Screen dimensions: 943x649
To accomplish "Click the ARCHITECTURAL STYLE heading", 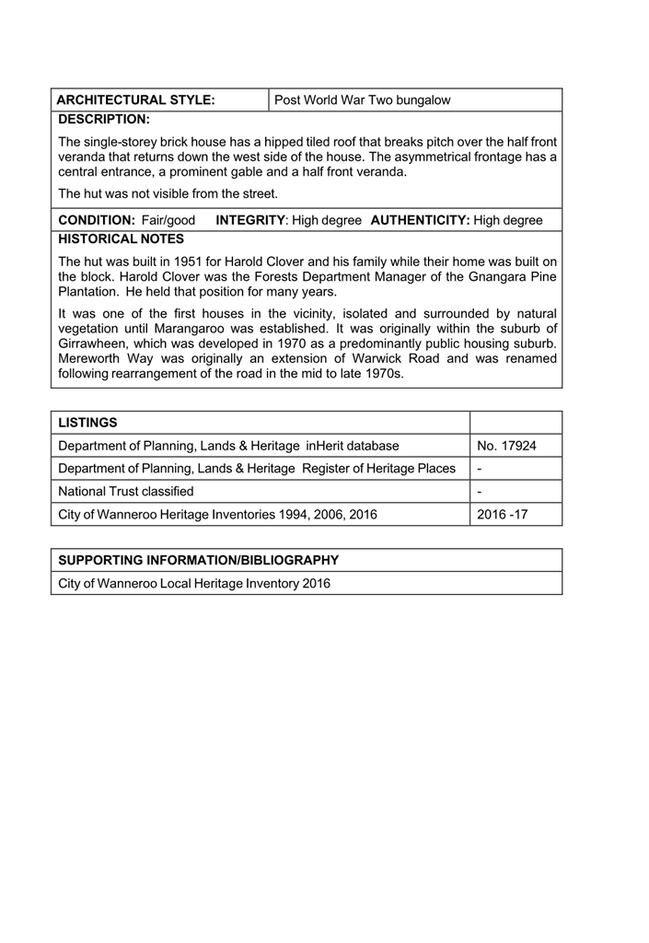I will pos(136,99).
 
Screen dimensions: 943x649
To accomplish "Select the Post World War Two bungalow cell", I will pos(363,99).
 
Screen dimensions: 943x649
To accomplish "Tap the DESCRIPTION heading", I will pos(103,120).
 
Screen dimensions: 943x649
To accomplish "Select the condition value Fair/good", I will pos(168,221).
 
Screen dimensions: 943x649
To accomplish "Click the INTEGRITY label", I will pos(250,221).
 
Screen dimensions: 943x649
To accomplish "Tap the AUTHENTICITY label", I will pos(420,221).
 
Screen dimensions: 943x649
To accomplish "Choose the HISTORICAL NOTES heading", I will pos(121,239).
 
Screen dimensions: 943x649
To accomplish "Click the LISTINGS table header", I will pos(87,423).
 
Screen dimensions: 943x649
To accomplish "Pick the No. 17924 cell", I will pos(506,446).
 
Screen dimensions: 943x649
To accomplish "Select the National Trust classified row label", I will pos(126,491).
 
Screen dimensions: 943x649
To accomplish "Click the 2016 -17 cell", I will pos(503,514).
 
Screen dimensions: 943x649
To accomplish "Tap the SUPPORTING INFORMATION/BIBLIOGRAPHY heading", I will pos(198,560).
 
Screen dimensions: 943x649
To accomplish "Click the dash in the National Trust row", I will pos(481,491).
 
